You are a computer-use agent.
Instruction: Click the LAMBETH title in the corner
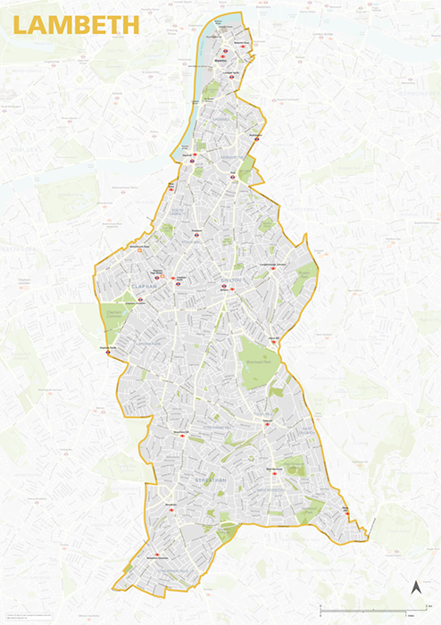click(76, 25)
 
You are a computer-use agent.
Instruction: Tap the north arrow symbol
click(414, 587)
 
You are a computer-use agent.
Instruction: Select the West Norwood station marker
click(275, 472)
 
